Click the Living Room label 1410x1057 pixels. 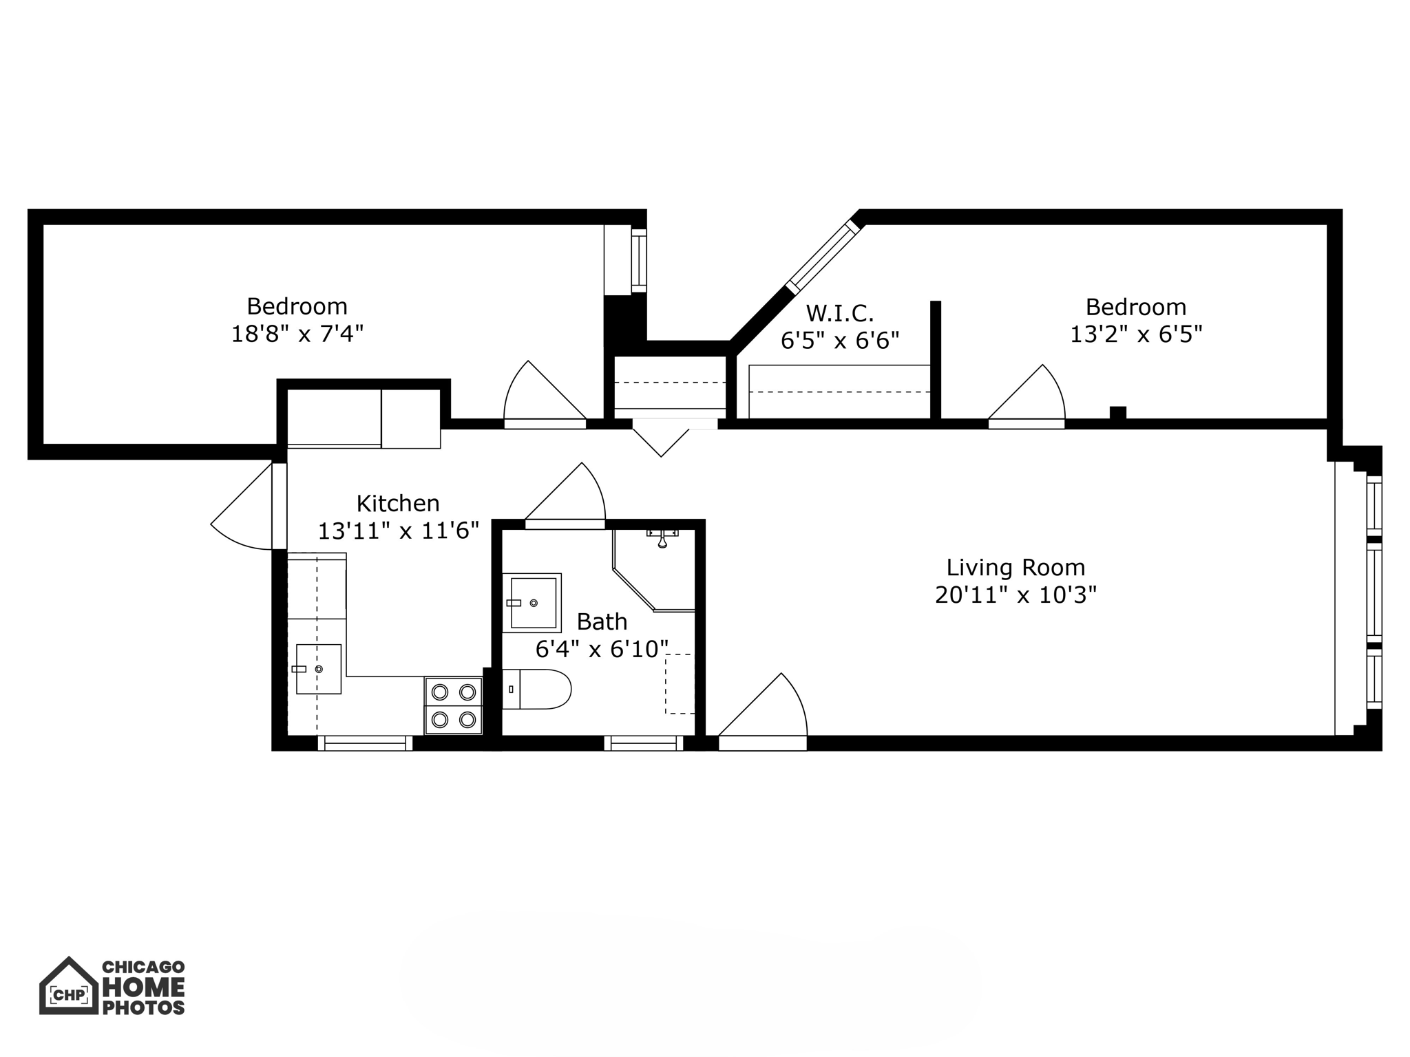[1016, 568]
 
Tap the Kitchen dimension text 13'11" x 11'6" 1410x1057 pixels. [398, 531]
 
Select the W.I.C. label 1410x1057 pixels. [840, 314]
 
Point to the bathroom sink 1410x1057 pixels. [532, 603]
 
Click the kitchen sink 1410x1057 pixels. [318, 669]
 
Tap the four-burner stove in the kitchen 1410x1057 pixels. [454, 705]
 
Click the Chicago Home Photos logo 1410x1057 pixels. [112, 987]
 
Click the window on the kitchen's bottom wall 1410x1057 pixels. [365, 743]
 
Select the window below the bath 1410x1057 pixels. [644, 743]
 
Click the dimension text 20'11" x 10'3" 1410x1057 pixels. [1016, 595]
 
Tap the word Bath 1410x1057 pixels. [602, 621]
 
